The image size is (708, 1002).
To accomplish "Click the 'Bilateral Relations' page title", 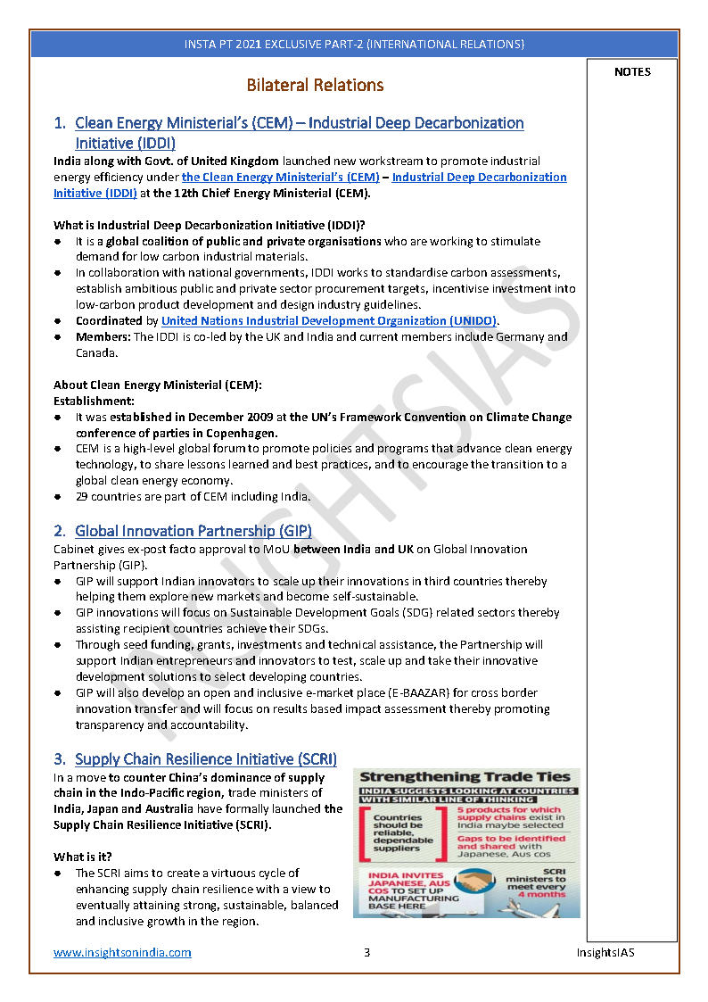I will [315, 86].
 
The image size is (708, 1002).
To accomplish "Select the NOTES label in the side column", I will [632, 72].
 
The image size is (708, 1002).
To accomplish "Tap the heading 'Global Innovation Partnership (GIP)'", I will [193, 531].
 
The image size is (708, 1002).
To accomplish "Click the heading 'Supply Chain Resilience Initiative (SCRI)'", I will [205, 759].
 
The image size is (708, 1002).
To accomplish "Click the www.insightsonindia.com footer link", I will [122, 952].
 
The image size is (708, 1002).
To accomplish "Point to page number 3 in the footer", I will [366, 952].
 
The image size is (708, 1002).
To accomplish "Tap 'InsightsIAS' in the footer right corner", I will [605, 952].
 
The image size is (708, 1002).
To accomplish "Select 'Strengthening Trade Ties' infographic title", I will [465, 777].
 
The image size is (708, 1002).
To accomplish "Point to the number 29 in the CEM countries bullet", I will [82, 496].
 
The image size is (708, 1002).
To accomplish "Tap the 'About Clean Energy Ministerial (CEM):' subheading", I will [158, 385].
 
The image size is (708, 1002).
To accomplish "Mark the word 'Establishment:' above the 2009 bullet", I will [94, 402].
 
